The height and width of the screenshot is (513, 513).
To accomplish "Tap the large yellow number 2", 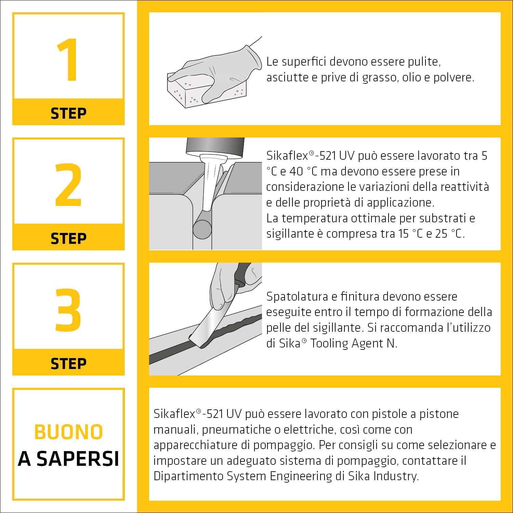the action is tap(68, 185).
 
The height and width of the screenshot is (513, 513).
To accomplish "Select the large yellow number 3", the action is tap(68, 310).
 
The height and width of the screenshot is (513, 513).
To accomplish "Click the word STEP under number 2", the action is tap(68, 238).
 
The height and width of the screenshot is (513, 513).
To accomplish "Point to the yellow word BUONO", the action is tap(68, 432).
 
